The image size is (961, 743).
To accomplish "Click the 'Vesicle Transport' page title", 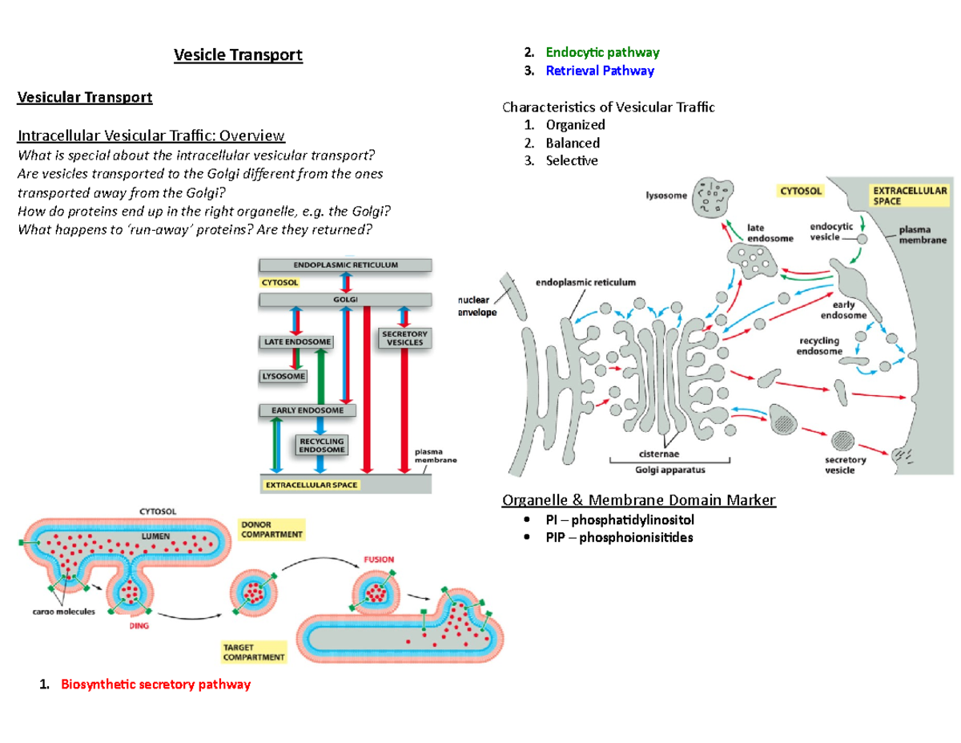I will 239,55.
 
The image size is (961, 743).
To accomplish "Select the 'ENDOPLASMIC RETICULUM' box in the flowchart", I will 345,264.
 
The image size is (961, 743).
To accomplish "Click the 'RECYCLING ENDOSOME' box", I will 322,445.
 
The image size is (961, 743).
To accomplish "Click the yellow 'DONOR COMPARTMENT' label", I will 267,529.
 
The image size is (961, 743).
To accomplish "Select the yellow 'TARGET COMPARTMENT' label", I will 254,651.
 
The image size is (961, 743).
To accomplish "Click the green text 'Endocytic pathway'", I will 602,53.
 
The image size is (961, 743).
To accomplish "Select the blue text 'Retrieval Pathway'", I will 600,71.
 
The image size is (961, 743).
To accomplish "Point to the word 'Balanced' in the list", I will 573,143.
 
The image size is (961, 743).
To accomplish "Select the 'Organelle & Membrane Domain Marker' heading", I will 638,501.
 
